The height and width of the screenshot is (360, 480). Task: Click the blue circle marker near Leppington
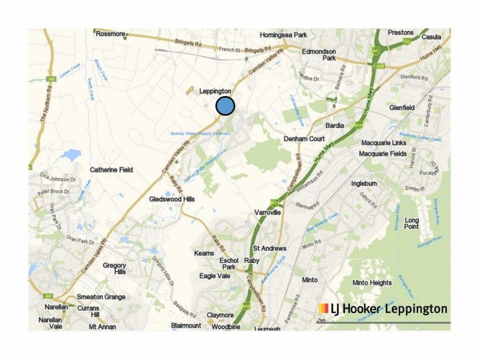pyautogui.click(x=225, y=106)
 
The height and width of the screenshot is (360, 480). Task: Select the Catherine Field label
pyautogui.click(x=111, y=170)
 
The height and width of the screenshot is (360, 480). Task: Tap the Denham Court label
pyautogui.click(x=304, y=139)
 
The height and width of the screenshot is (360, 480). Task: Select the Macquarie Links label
pyautogui.click(x=384, y=143)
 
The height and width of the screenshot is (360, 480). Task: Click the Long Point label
pyautogui.click(x=412, y=223)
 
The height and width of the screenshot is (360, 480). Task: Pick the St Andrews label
pyautogui.click(x=269, y=248)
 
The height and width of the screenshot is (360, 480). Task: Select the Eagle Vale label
pyautogui.click(x=214, y=275)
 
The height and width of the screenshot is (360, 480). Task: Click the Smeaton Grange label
pyautogui.click(x=101, y=297)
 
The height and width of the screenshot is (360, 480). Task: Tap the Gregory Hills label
pyautogui.click(x=114, y=268)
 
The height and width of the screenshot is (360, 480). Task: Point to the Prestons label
pyautogui.click(x=401, y=32)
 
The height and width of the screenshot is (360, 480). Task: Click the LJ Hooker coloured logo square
pyautogui.click(x=323, y=308)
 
